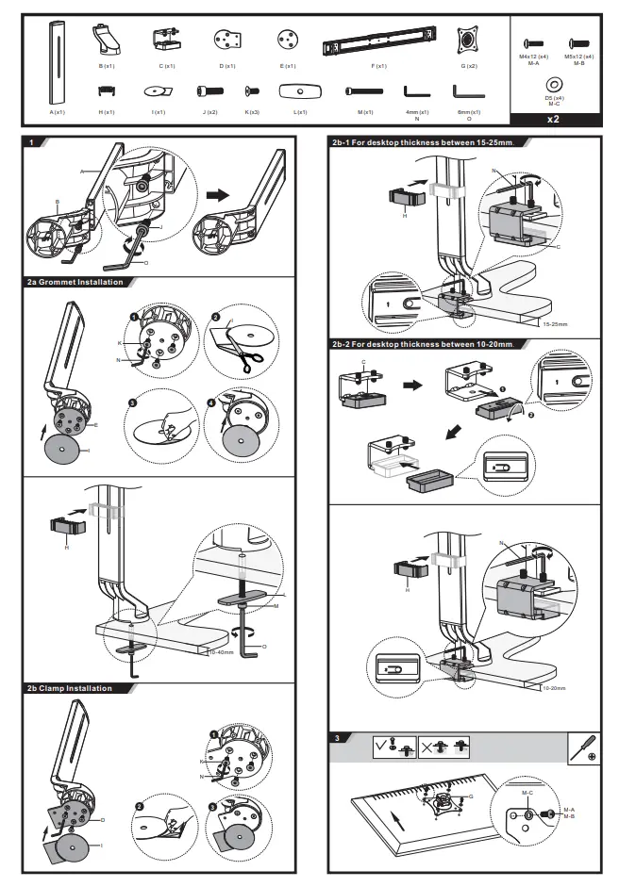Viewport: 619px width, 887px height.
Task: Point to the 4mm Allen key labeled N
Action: [x=416, y=92]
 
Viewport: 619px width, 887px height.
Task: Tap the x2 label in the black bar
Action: [x=554, y=120]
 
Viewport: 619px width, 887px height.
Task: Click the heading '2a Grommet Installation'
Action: [x=75, y=282]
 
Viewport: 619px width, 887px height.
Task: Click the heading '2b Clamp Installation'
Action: [x=71, y=688]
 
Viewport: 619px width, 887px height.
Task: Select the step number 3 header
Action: [x=337, y=737]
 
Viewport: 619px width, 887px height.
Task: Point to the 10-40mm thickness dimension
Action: [x=221, y=651]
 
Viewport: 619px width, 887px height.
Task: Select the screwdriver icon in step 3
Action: [x=584, y=749]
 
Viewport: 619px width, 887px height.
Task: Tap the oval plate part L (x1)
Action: [x=300, y=92]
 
